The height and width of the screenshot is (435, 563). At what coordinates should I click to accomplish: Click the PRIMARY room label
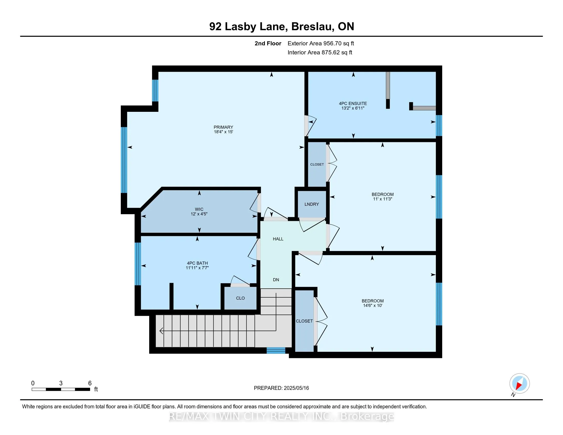(x=223, y=127)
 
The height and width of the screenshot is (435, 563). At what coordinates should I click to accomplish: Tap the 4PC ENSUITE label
(x=353, y=103)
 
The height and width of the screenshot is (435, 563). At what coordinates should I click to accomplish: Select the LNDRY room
(x=312, y=204)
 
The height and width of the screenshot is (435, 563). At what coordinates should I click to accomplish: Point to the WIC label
(x=199, y=209)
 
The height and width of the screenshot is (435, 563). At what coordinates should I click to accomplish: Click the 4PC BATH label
(x=197, y=263)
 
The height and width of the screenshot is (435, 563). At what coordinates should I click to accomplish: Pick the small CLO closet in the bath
(x=240, y=298)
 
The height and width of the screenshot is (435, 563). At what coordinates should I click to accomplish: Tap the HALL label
(x=278, y=239)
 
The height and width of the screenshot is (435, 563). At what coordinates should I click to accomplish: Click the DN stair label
(x=276, y=280)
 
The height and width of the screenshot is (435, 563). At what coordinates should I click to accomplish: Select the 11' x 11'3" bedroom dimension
(x=382, y=199)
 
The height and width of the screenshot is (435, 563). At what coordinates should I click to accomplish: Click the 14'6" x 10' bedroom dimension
(x=373, y=305)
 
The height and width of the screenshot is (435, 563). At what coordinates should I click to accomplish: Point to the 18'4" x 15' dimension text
(x=223, y=132)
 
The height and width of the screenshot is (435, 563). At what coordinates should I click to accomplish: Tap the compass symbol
(x=519, y=384)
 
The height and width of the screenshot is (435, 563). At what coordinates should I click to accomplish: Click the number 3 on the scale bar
(x=61, y=383)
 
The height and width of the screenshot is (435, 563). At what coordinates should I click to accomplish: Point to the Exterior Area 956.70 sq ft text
(x=321, y=43)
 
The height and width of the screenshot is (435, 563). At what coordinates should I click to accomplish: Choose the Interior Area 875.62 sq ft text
(x=320, y=52)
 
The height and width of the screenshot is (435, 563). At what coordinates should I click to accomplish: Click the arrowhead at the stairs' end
(x=161, y=331)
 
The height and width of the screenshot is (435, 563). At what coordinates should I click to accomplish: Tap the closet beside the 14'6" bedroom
(x=304, y=321)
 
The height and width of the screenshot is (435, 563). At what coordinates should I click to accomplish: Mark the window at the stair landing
(x=276, y=351)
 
